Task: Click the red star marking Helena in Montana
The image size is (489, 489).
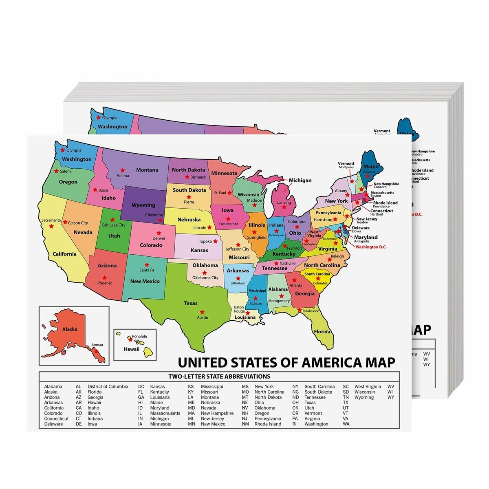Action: [x=122, y=170]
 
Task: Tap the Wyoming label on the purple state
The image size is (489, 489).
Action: [x=143, y=205]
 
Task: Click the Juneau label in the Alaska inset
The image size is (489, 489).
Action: [x=97, y=345]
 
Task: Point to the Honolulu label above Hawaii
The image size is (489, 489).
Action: [x=139, y=336]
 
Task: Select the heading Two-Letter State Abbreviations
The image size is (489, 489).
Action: [x=219, y=377]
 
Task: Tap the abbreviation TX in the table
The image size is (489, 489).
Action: [x=346, y=403]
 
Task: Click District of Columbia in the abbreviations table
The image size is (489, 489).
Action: [x=108, y=387]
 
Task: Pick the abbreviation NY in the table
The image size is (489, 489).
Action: [x=295, y=387]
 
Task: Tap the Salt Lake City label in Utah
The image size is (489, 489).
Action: [x=114, y=225]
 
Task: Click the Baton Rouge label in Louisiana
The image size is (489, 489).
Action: [x=239, y=309]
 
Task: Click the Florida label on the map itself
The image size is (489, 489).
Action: [x=322, y=332]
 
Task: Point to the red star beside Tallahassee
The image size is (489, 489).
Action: [x=300, y=310]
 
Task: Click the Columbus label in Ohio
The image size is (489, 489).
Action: [x=297, y=222]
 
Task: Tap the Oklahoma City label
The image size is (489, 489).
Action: [x=205, y=278]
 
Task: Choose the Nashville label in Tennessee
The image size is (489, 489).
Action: [x=287, y=263]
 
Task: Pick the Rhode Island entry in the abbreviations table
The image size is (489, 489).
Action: [x=268, y=424]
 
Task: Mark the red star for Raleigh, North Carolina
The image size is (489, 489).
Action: [x=330, y=259]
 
